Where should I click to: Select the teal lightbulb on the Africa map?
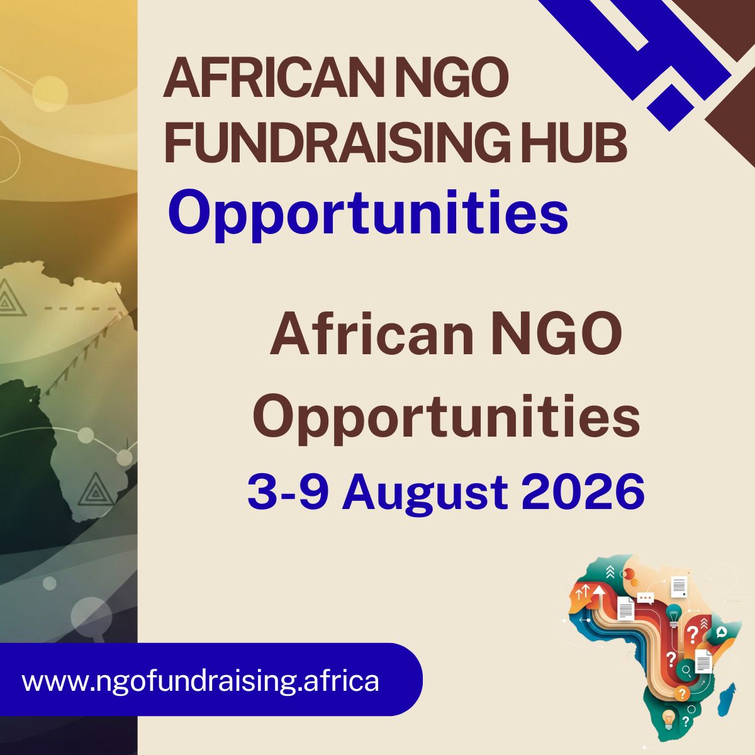point(673,614)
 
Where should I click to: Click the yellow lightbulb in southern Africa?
point(668,719)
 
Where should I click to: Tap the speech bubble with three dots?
point(646,599)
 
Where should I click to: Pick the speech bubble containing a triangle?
point(721,632)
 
